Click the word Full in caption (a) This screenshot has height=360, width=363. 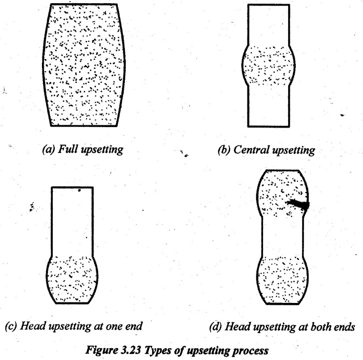[67, 149]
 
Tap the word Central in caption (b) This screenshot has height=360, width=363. [252, 150]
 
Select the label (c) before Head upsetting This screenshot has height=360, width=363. [11, 326]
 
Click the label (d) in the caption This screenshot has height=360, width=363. [216, 327]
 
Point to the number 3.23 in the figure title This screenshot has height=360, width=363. [131, 350]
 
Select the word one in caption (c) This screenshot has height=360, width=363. [114, 327]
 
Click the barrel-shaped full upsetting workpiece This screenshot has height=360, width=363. [83, 65]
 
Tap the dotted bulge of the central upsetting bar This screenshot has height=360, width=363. [268, 65]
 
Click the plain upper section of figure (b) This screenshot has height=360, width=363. [268, 25]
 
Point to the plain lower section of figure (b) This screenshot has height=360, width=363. [268, 106]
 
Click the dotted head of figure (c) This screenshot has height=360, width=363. [72, 280]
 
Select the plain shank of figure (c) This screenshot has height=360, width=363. [72, 221]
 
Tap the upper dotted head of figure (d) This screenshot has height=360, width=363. [282, 193]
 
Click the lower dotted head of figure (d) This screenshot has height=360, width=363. [282, 280]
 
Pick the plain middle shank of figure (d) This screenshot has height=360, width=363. [282, 236]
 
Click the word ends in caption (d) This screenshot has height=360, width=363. [345, 327]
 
